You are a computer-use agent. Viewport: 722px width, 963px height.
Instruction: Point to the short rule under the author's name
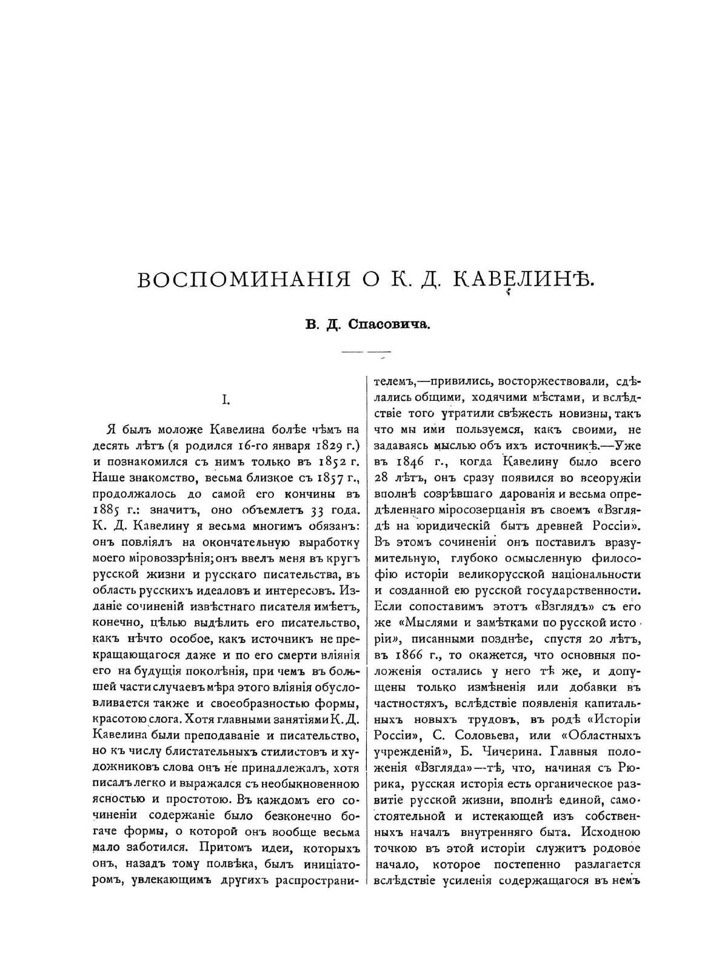click(366, 352)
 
